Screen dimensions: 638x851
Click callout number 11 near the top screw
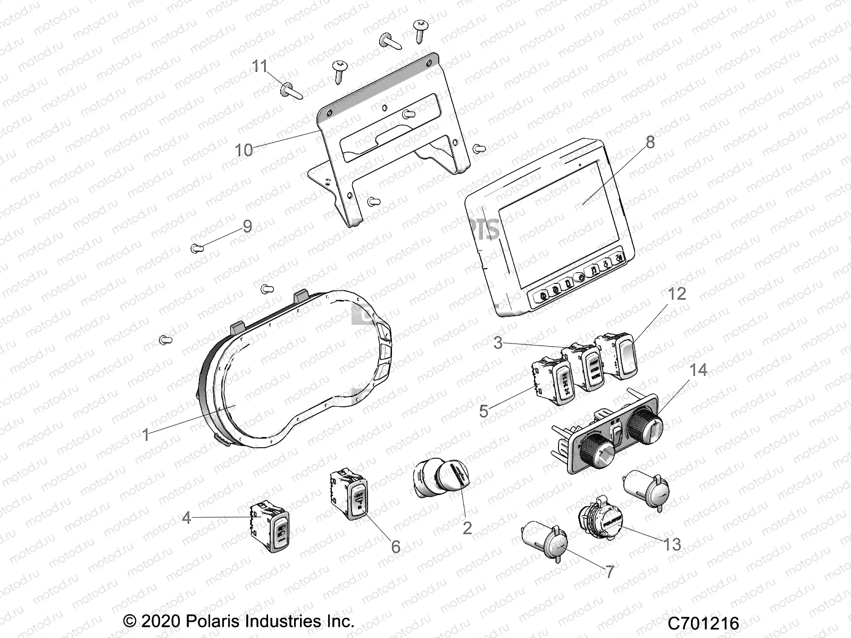(260, 66)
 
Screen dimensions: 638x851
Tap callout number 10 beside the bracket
(244, 150)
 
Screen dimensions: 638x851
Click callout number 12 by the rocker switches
(677, 293)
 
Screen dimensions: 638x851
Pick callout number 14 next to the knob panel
(698, 370)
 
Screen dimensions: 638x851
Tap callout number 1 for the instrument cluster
(146, 435)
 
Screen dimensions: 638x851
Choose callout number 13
(672, 544)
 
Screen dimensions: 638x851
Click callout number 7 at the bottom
(610, 572)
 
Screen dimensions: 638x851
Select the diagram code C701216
(704, 623)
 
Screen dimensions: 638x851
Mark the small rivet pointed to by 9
(196, 248)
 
